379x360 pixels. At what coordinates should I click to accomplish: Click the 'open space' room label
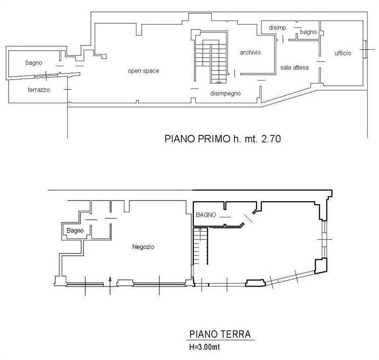[x=143, y=71]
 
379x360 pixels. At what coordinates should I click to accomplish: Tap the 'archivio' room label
[x=250, y=53]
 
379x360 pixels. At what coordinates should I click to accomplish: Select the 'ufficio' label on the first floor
[x=343, y=53]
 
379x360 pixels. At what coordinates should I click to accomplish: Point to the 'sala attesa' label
[x=294, y=68]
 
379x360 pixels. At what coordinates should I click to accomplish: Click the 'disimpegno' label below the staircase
[x=226, y=93]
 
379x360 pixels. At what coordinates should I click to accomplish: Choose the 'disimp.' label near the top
[x=278, y=28]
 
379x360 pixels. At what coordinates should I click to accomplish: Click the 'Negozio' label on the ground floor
[x=144, y=247]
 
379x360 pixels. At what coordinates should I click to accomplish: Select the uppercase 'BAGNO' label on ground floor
[x=206, y=215]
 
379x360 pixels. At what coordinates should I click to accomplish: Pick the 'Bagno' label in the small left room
[x=75, y=231]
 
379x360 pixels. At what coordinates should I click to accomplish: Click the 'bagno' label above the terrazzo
[x=34, y=63]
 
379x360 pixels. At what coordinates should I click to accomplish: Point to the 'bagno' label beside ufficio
[x=308, y=32]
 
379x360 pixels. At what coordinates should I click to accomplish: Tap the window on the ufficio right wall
[x=365, y=49]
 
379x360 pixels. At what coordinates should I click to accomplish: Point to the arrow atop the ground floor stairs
[x=200, y=231]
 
